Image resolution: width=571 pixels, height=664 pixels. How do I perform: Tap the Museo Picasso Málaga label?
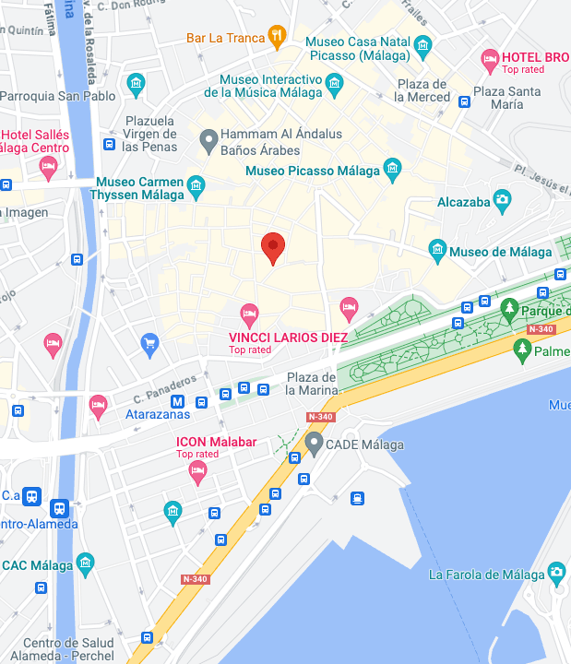point(313,172)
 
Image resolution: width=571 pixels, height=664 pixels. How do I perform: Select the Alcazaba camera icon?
point(502,198)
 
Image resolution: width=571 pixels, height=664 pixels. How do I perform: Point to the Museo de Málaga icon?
point(438,250)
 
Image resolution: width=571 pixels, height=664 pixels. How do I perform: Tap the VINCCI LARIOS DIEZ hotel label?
point(288,338)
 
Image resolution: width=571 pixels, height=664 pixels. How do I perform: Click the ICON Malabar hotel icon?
point(197,471)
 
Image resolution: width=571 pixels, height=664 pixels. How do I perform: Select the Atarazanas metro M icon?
point(177,401)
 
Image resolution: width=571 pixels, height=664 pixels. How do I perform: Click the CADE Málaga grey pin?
point(314,445)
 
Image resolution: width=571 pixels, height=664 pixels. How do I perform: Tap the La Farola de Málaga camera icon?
point(556,574)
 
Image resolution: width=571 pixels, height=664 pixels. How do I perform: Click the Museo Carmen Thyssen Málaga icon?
point(196,187)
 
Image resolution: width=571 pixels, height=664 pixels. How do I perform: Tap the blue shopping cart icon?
point(149,346)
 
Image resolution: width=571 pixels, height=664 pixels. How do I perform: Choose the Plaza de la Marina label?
point(311,383)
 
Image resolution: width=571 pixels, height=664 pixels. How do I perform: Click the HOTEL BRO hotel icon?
point(490,61)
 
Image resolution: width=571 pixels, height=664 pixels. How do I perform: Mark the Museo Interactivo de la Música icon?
point(334,85)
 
